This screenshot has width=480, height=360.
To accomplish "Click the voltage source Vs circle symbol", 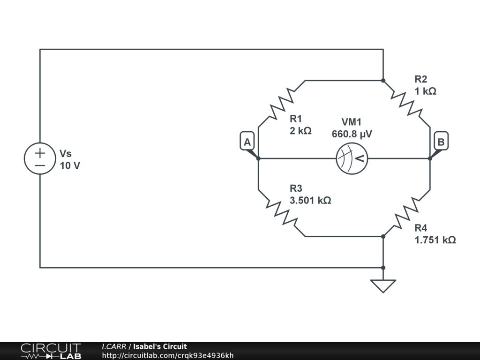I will coord(40,158).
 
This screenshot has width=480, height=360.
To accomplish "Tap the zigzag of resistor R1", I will coord(282,104).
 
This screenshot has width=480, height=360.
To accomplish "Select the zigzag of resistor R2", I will coord(406,104).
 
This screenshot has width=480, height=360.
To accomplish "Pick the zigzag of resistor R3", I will coord(282,213).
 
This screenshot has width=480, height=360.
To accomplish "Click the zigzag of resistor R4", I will coord(406,213).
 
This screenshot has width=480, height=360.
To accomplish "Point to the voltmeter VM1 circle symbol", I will coord(352,158).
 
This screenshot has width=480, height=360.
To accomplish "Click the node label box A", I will coord(247,142).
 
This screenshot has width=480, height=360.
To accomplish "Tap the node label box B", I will coord(441,142).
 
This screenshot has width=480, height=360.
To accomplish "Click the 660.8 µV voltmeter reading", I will coord(352,134).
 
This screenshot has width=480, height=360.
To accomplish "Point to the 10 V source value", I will coord(70,165).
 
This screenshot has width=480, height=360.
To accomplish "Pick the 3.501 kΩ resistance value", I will coord(310,201).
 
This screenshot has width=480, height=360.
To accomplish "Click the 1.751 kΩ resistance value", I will coord(435,240).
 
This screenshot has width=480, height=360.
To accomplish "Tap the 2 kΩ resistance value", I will coord(300,131).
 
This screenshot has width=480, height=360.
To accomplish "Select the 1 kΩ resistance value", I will coord(425,91).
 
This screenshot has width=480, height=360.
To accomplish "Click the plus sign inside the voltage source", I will coord(40,152).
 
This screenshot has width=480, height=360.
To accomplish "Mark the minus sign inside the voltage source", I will coord(40,165).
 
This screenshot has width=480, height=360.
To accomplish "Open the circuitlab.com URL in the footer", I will coord(168,356).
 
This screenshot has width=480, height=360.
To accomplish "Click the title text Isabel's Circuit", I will coord(160,347).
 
